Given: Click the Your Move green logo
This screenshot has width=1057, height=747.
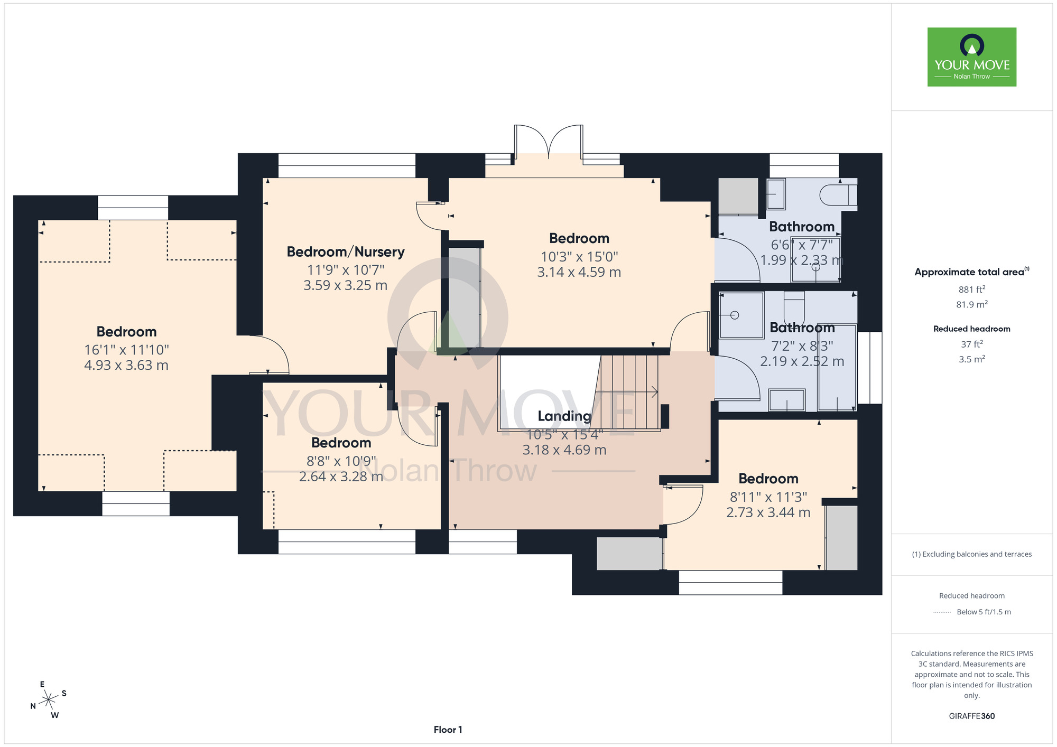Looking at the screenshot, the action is tap(971, 57).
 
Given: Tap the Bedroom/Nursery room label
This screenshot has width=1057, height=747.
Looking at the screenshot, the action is tap(346, 252).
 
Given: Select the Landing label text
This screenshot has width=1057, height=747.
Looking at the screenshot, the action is tap(564, 416).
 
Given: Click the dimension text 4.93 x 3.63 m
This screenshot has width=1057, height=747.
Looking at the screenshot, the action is tap(126, 365).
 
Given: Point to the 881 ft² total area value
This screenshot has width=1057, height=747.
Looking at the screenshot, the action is tap(972, 289).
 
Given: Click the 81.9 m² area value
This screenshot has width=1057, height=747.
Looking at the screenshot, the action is tap(972, 304).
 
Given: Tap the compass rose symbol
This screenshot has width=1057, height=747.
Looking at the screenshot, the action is tap(49, 700).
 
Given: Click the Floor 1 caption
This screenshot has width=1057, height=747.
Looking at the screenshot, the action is tap(448, 730).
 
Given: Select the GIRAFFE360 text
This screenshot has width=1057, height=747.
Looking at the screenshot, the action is tap(972, 716).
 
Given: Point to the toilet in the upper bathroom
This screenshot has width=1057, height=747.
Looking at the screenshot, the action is tap(838, 195).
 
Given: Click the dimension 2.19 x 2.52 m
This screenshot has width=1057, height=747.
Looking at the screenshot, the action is tap(802, 361).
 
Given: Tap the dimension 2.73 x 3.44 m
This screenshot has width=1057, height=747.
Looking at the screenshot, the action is tap(768, 512).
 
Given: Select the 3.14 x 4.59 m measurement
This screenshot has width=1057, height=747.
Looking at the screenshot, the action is tap(579, 272).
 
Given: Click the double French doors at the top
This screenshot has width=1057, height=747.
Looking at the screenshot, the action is tap(549, 142).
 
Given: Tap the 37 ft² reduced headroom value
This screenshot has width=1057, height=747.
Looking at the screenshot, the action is tap(972, 344).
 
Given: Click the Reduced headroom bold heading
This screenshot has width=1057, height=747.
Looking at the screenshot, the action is tap(972, 329).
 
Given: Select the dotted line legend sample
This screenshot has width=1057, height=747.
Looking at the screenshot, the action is tap(942, 612).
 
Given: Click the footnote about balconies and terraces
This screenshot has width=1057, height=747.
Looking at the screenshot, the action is tap(972, 554).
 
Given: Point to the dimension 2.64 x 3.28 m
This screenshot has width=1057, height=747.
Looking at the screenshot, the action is tap(341, 477).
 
